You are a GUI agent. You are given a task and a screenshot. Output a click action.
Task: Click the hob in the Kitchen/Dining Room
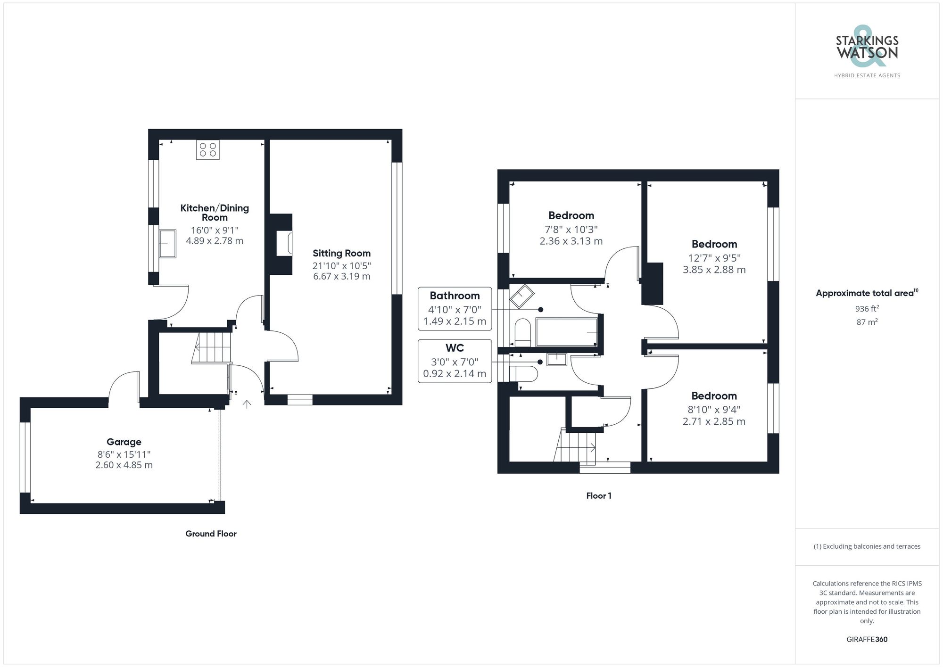pyautogui.click(x=208, y=150)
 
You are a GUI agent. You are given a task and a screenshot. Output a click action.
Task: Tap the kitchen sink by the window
pyautogui.click(x=167, y=243)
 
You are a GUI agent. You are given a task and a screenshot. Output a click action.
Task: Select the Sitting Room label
pyautogui.click(x=341, y=253)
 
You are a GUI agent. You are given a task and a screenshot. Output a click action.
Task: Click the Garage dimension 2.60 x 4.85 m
pyautogui.click(x=124, y=465)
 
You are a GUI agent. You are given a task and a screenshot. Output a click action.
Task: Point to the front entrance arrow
pyautogui.click(x=246, y=404)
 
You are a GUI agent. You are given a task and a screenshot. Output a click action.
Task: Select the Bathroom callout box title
pyautogui.click(x=455, y=296)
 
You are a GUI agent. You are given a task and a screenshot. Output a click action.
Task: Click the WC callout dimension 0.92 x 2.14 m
pyautogui.click(x=455, y=374)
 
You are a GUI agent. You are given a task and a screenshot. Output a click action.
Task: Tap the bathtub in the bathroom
pyautogui.click(x=567, y=332)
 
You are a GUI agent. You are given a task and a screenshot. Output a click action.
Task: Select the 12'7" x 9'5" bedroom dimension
pyautogui.click(x=714, y=258)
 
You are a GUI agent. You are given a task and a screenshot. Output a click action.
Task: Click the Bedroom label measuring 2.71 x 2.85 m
pyautogui.click(x=714, y=396)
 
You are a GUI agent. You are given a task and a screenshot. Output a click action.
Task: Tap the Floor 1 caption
pyautogui.click(x=599, y=495)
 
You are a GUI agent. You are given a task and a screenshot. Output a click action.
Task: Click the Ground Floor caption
pyautogui.click(x=211, y=534)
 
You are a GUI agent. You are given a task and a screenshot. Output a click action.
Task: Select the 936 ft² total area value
pyautogui.click(x=867, y=309)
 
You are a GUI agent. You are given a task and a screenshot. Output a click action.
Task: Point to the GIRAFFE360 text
pyautogui.click(x=867, y=639)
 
